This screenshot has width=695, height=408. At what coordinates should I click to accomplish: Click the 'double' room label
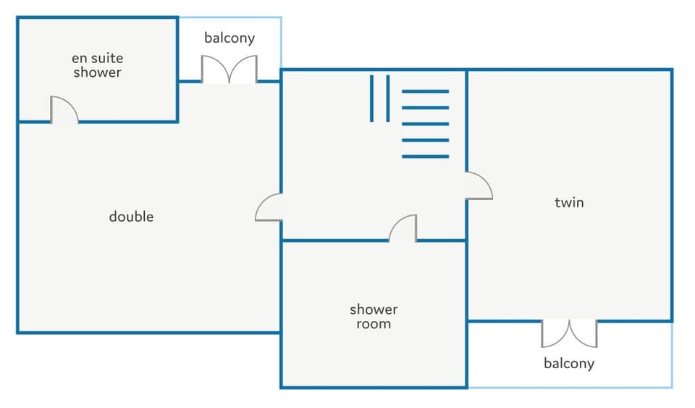[x=131, y=217]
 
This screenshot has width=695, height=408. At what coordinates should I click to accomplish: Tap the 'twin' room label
[x=569, y=202]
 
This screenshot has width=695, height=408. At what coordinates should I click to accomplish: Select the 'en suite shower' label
[x=97, y=65]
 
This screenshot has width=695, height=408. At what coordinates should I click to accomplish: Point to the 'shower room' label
[x=374, y=317]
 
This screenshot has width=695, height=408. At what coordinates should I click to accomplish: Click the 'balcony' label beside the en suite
[x=229, y=38]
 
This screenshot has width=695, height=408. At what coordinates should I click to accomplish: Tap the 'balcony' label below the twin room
[x=569, y=363]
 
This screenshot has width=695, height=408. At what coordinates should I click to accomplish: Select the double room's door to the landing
[x=269, y=208]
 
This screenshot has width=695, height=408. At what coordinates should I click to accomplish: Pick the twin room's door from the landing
[x=479, y=186]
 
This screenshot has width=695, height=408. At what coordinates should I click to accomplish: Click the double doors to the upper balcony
[x=229, y=70]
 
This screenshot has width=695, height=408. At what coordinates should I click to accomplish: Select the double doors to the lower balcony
[x=569, y=333]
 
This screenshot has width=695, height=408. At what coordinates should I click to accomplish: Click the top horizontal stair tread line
[x=425, y=91]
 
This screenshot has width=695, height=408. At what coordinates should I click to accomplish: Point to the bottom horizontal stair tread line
[x=425, y=157]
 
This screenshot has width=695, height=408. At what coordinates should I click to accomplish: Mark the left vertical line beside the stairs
[x=372, y=98]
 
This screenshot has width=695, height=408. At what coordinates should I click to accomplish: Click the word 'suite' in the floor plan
[x=108, y=58]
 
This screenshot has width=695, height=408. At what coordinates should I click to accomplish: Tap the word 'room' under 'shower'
[x=374, y=324]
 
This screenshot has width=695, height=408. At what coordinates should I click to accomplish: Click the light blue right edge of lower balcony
[x=672, y=354]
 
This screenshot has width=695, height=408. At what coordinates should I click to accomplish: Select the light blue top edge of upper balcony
[x=229, y=18]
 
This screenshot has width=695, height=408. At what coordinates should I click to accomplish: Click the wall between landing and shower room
[x=333, y=240]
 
